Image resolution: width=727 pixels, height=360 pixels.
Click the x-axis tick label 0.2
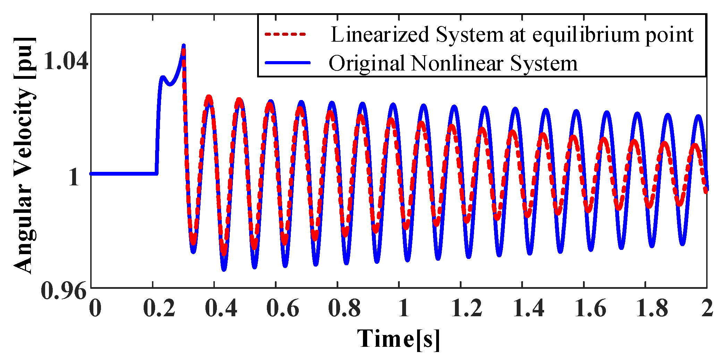(159, 308)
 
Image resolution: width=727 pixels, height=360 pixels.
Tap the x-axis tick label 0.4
(221, 308)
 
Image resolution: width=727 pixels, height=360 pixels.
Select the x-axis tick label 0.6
(282, 308)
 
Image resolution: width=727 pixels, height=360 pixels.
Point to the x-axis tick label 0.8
(344, 308)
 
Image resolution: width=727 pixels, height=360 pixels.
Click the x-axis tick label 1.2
(467, 308)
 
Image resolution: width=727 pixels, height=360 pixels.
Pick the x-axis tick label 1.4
(529, 308)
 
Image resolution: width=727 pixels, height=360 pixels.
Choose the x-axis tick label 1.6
(590, 308)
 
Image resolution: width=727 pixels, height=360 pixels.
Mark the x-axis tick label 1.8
(652, 308)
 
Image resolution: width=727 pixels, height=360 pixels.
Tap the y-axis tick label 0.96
(64, 291)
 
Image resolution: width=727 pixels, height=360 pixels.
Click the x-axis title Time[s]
(398, 338)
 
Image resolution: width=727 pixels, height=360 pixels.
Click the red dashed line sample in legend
(285, 34)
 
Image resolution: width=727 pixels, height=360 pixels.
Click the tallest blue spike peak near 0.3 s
(184, 46)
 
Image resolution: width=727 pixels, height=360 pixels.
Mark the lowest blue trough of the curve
(224, 269)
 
